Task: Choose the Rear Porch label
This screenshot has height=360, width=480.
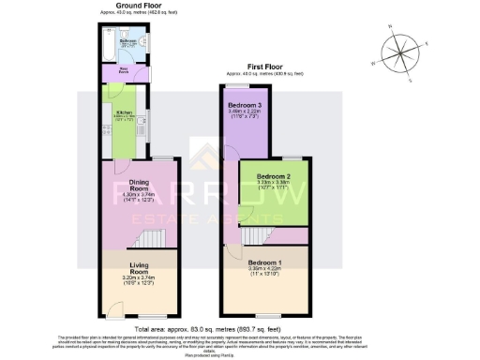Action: point(125,70)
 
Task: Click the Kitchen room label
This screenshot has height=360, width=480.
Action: point(125,117)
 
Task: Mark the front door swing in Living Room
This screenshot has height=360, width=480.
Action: point(112,308)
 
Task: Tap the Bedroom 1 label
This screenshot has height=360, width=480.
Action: point(264,262)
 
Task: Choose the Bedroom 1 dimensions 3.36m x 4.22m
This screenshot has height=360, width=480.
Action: point(264,269)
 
